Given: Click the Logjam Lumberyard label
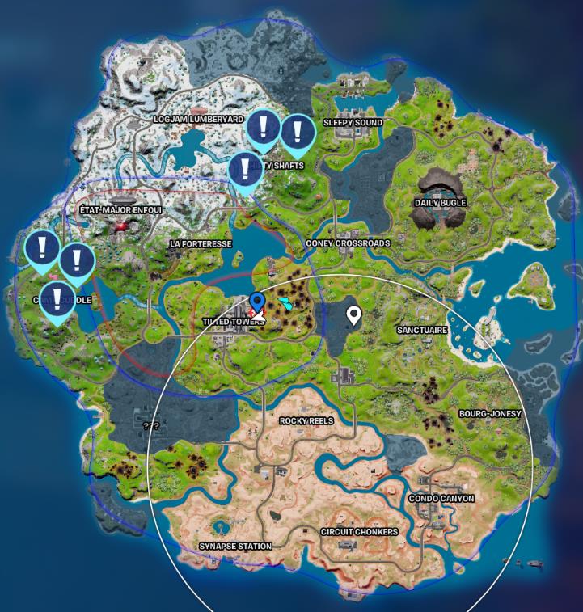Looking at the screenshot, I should (198, 119).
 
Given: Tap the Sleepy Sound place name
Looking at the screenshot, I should (353, 123).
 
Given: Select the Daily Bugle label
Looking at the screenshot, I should (440, 203).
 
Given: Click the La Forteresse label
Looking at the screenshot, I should (201, 243).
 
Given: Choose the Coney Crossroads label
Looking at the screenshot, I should (348, 243).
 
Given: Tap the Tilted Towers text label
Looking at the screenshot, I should (233, 322).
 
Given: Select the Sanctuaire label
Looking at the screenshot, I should (422, 331).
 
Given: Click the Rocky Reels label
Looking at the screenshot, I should (306, 421).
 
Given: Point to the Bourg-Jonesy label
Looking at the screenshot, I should (490, 414).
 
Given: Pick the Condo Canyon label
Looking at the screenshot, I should (441, 499).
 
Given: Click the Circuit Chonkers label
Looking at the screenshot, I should (359, 532).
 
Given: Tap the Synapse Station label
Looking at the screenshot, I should (235, 547).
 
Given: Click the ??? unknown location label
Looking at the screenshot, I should (150, 426).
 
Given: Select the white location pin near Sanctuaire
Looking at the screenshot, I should (353, 314).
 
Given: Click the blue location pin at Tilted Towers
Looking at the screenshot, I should (257, 303).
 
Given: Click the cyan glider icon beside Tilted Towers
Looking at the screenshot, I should (286, 303).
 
